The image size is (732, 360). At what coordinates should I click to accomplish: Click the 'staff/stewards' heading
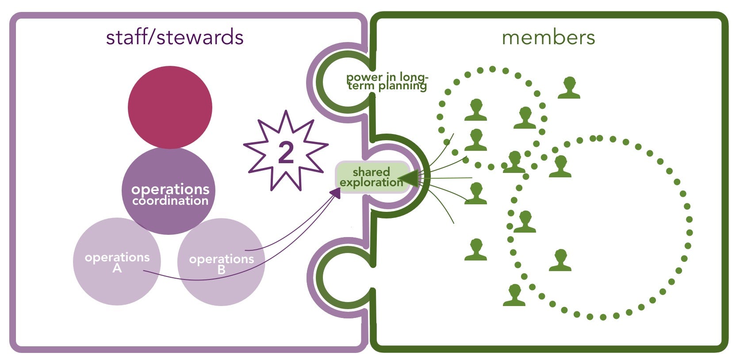coord(174,37)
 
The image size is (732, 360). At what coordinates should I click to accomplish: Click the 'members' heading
coord(548,38)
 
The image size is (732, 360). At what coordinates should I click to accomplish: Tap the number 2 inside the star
coord(286,152)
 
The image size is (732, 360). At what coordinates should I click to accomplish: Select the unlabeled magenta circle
coord(170,107)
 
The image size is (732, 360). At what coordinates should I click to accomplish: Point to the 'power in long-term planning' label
coord(387,81)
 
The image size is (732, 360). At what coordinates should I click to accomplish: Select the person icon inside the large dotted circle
coord(560,260)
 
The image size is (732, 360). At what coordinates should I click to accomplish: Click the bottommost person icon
coord(514,295)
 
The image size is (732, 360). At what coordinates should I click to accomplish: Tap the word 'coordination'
coord(170,201)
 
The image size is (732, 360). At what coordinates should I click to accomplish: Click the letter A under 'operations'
coord(117,268)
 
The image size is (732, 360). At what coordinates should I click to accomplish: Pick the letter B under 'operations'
coord(221,269)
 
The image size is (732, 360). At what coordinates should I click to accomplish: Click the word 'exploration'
coord(371,182)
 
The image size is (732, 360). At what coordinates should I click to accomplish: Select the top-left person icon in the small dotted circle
coord(475,110)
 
